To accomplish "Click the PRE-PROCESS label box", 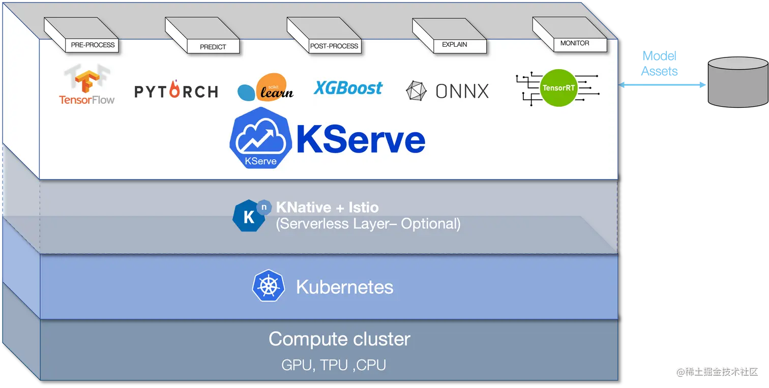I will point(93,45).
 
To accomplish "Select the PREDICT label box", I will point(213,47).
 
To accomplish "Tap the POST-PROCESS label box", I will point(334,46).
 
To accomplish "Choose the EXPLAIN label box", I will point(454,45).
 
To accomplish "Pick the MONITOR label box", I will point(575,44).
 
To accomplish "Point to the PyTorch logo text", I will point(176,91).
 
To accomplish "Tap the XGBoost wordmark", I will point(348,88).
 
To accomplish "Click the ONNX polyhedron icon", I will point(416,91).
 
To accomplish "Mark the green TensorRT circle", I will point(558,88).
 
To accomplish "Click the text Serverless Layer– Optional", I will point(368,224).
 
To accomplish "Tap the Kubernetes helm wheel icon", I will point(268,286).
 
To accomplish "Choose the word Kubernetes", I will point(344,287).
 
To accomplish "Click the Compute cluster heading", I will point(339,339).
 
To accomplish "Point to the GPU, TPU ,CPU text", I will point(333,365).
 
